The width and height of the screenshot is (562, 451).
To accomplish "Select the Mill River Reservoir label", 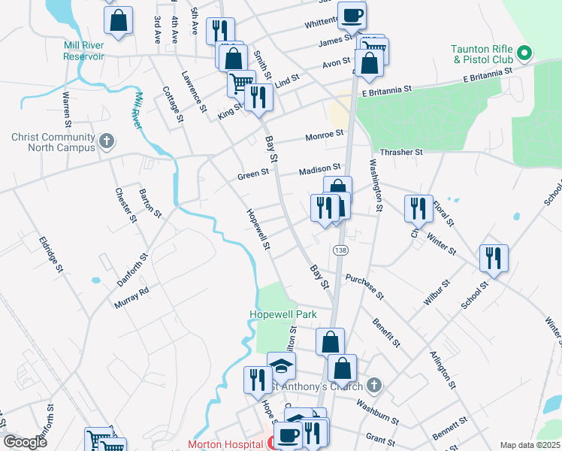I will tap(83, 50).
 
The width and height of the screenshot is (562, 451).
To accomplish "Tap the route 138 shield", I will tap(341, 250).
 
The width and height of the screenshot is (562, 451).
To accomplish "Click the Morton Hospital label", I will tap(225, 444).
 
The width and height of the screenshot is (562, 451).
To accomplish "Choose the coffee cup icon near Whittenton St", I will tap(352, 15).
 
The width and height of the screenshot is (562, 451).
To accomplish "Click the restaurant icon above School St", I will tap(494, 257).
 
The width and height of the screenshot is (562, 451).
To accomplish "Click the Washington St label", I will tap(376, 183).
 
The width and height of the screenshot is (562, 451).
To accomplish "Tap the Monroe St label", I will tap(324, 135).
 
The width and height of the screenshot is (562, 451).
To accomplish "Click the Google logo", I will tap(26, 442).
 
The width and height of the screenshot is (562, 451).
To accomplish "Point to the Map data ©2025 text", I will tap(530, 445).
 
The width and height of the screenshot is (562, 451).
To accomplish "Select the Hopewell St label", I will tap(258, 229).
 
